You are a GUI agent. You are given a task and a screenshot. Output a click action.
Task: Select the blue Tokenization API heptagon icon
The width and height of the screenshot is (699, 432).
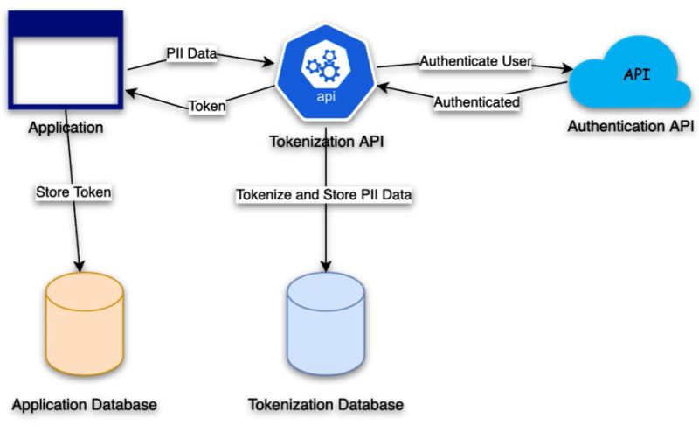324,75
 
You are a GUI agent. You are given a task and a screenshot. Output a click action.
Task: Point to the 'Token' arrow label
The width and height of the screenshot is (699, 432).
207,107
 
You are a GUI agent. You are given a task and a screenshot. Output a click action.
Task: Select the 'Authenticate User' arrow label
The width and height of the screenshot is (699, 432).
476,61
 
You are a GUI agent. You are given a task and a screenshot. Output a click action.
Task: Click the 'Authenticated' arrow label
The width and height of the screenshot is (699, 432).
477,102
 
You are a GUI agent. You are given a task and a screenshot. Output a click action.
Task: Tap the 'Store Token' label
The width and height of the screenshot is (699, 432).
73,192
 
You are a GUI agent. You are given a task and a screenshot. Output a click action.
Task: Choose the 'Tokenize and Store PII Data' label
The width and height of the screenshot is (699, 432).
323,193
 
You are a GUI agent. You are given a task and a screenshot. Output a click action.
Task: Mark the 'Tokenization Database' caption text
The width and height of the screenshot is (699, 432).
326,406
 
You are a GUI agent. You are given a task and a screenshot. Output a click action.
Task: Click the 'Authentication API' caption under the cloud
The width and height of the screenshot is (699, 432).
630,127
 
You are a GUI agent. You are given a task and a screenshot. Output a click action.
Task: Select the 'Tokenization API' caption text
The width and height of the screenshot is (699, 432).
324,143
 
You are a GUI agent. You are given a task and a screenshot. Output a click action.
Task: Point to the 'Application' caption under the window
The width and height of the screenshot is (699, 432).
66,128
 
